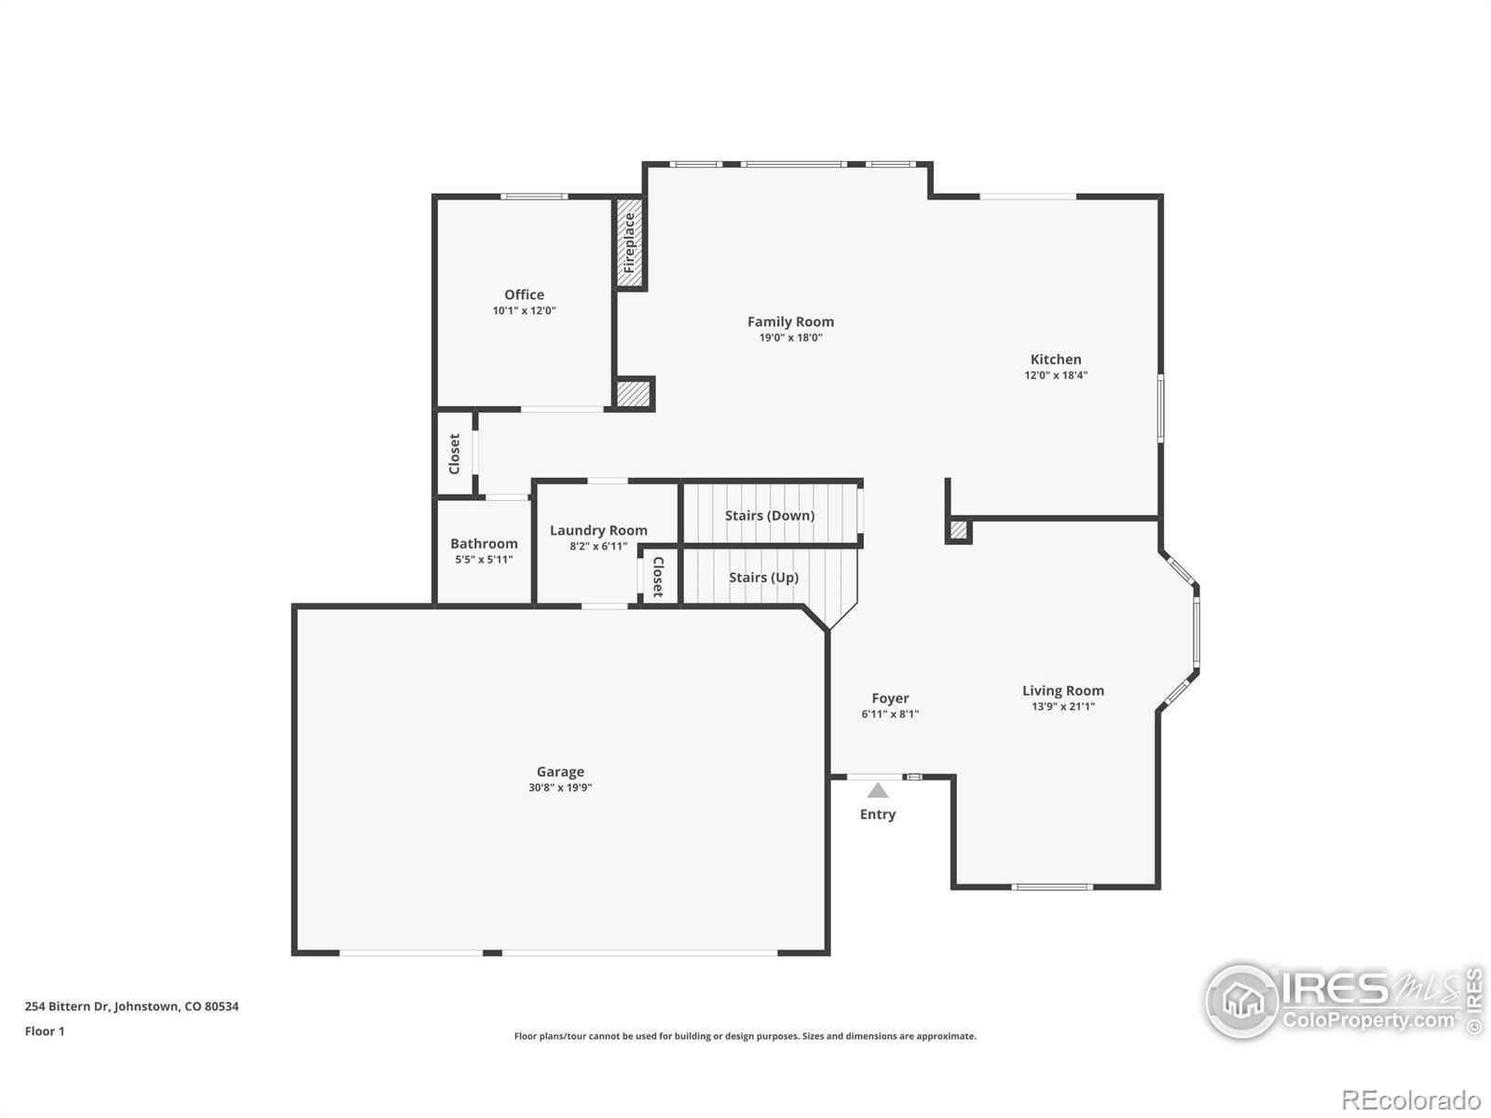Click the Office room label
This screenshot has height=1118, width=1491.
pyautogui.click(x=524, y=294)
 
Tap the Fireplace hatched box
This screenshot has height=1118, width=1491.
pyautogui.click(x=630, y=242)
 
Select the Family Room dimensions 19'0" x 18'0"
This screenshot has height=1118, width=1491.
pyautogui.click(x=790, y=338)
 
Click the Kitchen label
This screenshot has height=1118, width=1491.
pyautogui.click(x=1056, y=359)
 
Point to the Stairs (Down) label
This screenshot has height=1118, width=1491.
pyautogui.click(x=770, y=515)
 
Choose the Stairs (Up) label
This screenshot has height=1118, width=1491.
pyautogui.click(x=763, y=578)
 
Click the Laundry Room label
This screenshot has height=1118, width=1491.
pyautogui.click(x=598, y=530)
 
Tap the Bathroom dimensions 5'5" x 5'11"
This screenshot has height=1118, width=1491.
pyautogui.click(x=484, y=560)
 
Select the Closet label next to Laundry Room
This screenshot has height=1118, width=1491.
pyautogui.click(x=658, y=577)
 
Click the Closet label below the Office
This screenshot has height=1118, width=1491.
pyautogui.click(x=455, y=454)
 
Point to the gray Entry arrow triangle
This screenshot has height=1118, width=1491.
pyautogui.click(x=878, y=791)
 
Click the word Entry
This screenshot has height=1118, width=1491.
pyautogui.click(x=878, y=814)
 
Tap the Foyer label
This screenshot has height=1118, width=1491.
pyautogui.click(x=890, y=698)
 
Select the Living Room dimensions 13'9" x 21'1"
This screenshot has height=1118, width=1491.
pyautogui.click(x=1062, y=707)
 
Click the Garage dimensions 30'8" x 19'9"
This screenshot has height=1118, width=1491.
pyautogui.click(x=560, y=788)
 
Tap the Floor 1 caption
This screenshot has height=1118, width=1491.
pyautogui.click(x=45, y=1031)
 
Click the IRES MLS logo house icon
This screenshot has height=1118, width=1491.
pyautogui.click(x=1242, y=1002)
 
